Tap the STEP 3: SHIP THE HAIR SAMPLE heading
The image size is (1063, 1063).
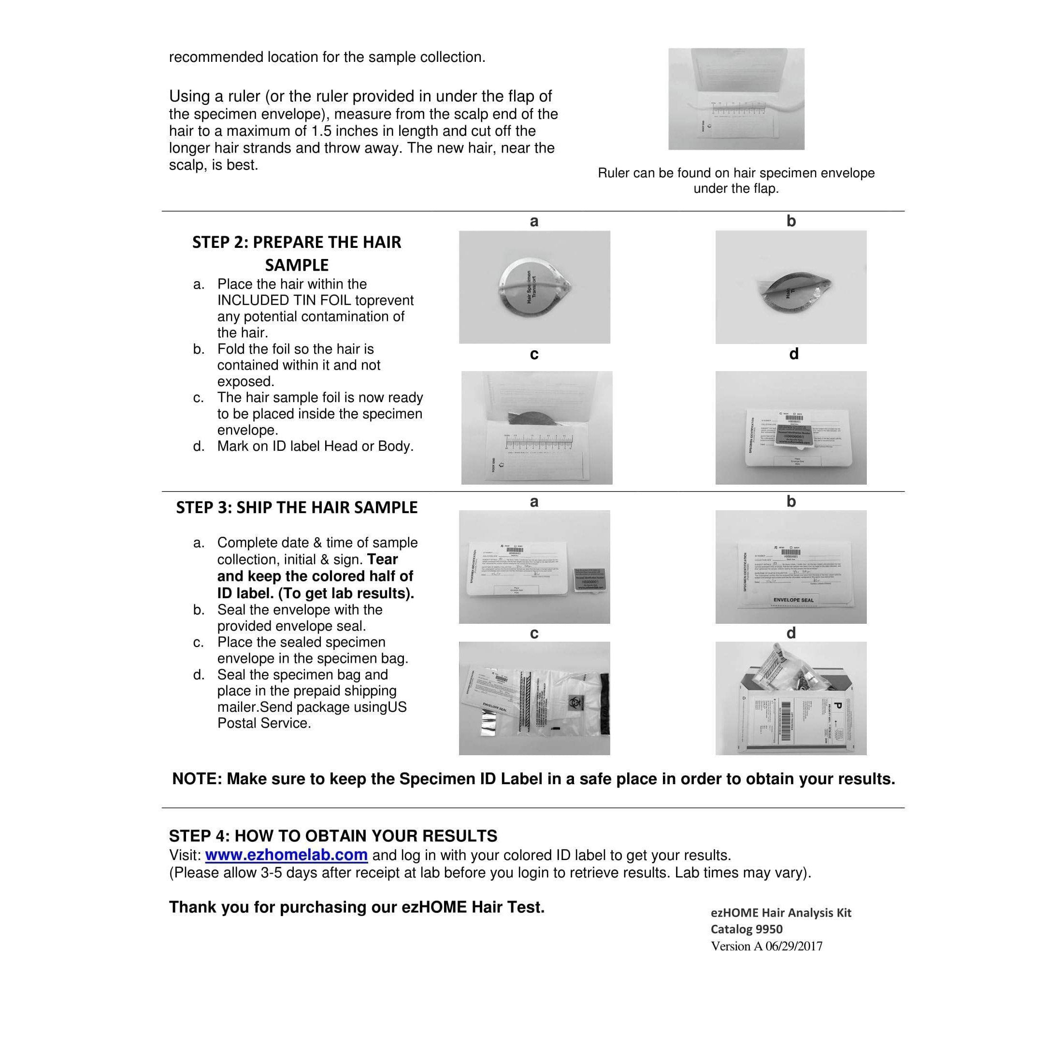[x=297, y=507]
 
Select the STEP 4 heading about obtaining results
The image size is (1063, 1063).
[x=333, y=836]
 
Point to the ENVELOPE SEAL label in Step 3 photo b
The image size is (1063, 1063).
[x=793, y=600]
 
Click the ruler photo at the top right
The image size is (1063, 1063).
[x=736, y=99]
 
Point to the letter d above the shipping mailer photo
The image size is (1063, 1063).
[x=790, y=633]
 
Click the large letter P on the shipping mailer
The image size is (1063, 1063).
[x=838, y=705]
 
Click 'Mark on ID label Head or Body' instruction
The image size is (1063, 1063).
[x=315, y=446]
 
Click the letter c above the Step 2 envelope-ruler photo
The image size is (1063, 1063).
[x=534, y=354]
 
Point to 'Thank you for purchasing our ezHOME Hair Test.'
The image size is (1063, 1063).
[x=357, y=907]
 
